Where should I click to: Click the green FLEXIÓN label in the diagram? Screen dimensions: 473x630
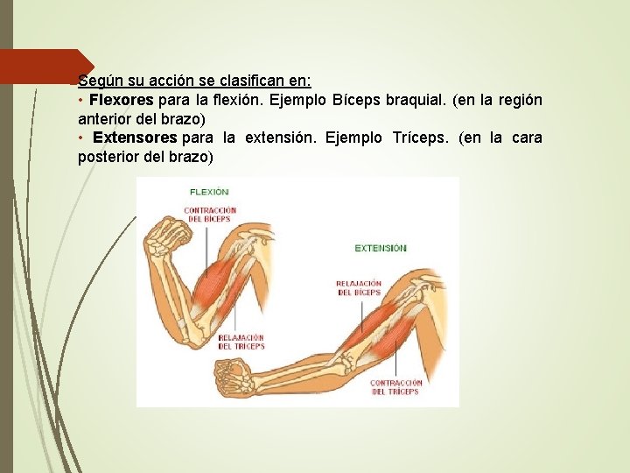pyautogui.click(x=209, y=191)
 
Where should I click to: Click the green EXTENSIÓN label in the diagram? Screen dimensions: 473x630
pyautogui.click(x=381, y=248)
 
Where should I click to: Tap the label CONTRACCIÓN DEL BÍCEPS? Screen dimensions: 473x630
pyautogui.click(x=210, y=214)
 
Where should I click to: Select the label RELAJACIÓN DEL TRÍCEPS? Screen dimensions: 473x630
pyautogui.click(x=241, y=342)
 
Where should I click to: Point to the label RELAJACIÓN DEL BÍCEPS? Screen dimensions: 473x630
pyautogui.click(x=359, y=287)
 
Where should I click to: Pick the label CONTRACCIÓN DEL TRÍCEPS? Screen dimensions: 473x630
pyautogui.click(x=395, y=387)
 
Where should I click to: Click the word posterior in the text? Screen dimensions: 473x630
pyautogui.click(x=108, y=157)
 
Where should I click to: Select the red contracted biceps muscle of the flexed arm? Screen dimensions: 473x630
pyautogui.click(x=216, y=280)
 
